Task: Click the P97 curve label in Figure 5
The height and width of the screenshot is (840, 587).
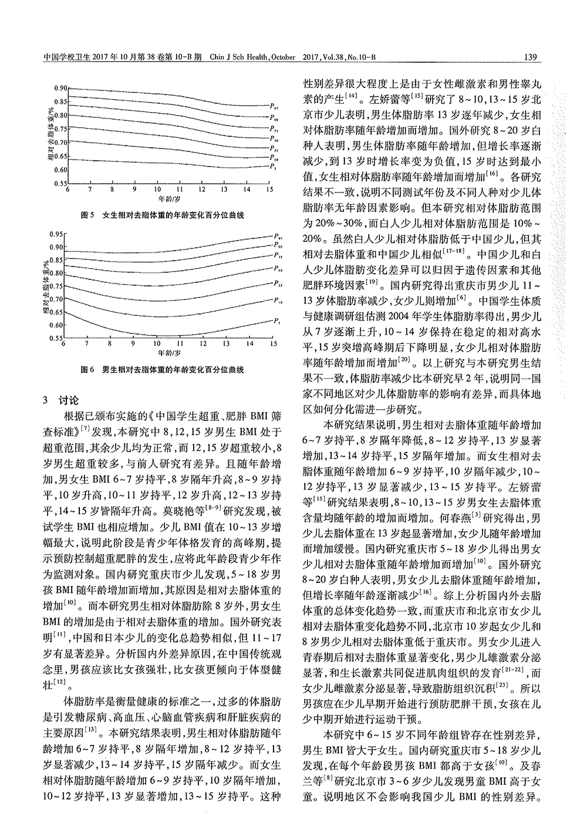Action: pos(274,106)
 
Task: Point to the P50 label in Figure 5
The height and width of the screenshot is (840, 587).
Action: pos(274,139)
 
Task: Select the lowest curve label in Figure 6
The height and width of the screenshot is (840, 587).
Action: pos(276,321)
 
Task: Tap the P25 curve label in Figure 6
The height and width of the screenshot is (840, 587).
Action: pos(276,284)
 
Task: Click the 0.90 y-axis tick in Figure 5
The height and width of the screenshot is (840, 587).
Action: pos(60,88)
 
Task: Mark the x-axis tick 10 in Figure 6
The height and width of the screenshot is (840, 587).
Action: pos(157,345)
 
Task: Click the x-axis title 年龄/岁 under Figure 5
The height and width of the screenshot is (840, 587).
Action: pos(168,200)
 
